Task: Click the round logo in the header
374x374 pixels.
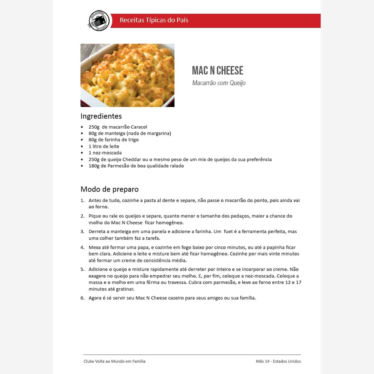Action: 99,21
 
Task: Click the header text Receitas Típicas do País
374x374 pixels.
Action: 154,20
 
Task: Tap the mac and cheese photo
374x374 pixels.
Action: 127,75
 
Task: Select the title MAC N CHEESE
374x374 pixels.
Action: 217,70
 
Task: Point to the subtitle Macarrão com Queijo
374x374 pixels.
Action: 219,83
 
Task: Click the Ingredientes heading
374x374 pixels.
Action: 101,116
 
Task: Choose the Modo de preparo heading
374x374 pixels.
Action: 110,189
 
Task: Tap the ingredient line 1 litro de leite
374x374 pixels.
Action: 104,146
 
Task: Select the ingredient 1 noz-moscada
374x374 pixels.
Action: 105,153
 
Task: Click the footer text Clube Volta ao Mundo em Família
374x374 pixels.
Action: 114,361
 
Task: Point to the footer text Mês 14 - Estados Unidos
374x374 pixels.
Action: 278,361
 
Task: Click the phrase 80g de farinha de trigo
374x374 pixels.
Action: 114,140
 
